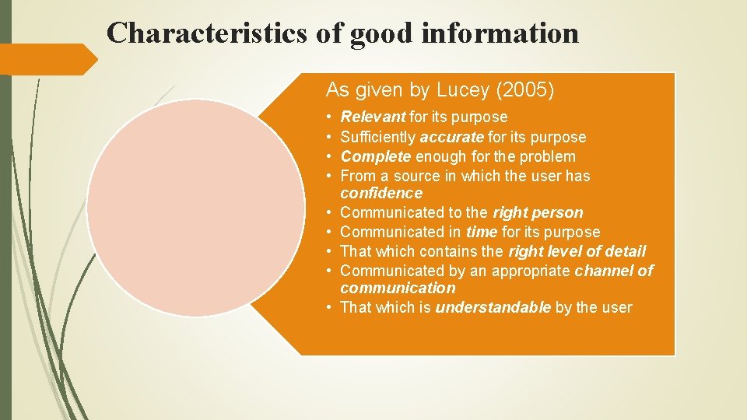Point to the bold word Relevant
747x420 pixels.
pos(373,117)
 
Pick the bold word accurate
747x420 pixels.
pos(452,137)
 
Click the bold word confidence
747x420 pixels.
pos(381,193)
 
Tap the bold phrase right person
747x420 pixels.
pos(538,212)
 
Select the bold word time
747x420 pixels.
pos(482,232)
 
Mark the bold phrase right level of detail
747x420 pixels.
pos(577,251)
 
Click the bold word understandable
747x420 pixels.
pos(493,307)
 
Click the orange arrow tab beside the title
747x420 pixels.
pos(47,59)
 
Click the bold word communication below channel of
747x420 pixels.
pos(398,288)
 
